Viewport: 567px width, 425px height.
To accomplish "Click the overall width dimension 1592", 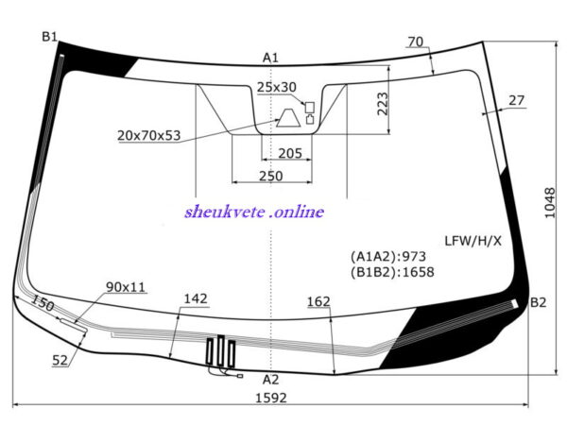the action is click(x=271, y=398).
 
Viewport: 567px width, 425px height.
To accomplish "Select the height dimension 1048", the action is click(x=550, y=202).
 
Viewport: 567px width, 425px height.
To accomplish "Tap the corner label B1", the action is click(x=50, y=37).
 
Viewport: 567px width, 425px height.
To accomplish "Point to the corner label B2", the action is click(x=538, y=302).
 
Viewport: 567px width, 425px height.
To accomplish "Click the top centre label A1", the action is click(x=270, y=58).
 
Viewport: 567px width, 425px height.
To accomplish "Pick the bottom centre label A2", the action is click(x=271, y=380).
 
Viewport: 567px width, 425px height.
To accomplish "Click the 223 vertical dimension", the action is click(x=382, y=104).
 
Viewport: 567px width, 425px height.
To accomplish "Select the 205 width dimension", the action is click(x=290, y=153).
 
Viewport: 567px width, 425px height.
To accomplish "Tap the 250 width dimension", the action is click(x=271, y=176).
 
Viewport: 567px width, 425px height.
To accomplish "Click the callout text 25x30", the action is click(x=277, y=87).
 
